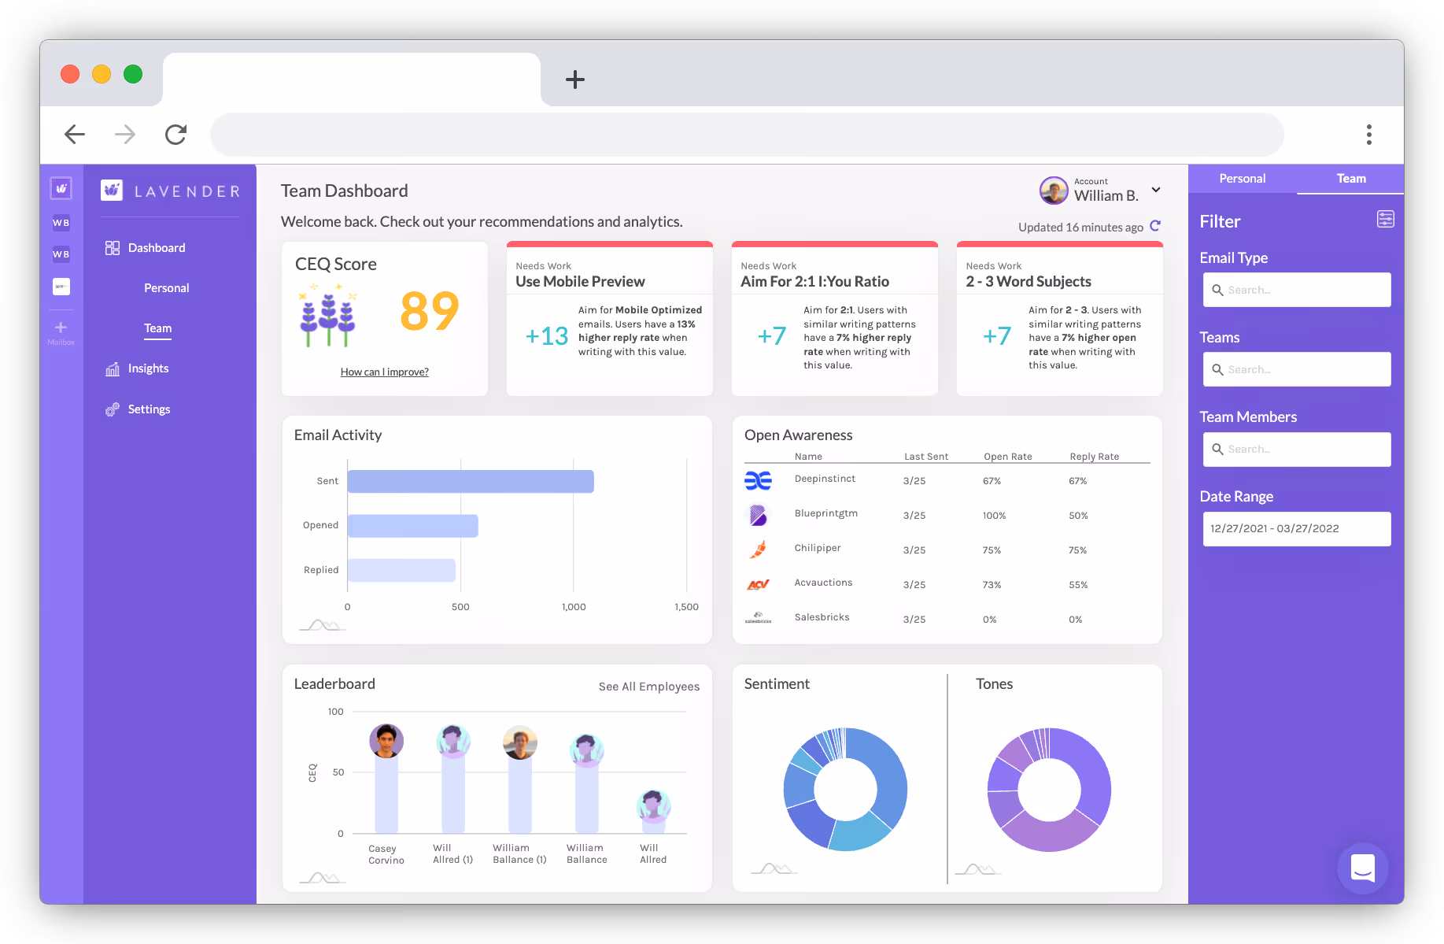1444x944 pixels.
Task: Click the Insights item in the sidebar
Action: pos(148,368)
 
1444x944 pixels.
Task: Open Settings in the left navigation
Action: pos(149,409)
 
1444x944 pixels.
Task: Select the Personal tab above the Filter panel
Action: pos(1242,179)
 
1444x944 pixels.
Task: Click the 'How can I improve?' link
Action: pos(384,372)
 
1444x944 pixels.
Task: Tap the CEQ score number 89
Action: pos(429,312)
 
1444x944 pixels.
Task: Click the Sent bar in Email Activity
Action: pos(470,482)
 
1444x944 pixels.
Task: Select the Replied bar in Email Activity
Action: pos(401,570)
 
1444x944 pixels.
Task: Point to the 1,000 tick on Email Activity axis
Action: pos(574,607)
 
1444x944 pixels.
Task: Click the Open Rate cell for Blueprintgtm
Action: pos(994,516)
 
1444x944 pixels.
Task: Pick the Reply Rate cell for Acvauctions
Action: pos(1078,585)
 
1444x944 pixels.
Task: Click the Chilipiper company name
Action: pos(818,548)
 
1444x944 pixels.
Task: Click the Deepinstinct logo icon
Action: pos(758,480)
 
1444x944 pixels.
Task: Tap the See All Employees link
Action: pos(648,687)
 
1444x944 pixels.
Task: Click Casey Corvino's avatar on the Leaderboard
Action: pos(386,741)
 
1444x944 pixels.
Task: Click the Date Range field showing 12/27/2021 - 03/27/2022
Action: pos(1296,529)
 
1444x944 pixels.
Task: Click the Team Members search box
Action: pos(1296,450)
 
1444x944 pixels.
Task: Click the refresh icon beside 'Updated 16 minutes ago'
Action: pos(1155,226)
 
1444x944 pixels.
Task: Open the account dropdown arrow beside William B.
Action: pos(1156,190)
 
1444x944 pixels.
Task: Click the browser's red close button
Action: pos(70,74)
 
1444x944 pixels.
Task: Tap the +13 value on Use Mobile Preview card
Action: pos(547,337)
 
